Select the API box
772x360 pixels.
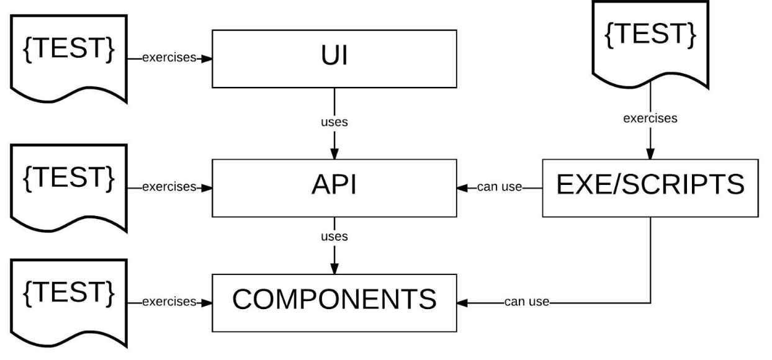(334, 187)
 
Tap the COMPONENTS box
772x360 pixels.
(334, 302)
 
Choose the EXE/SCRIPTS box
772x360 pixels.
(650, 187)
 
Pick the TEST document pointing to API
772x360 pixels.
(69, 184)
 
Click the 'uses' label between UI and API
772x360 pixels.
(334, 122)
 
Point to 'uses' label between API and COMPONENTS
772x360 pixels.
(334, 236)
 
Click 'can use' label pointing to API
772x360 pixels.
(500, 187)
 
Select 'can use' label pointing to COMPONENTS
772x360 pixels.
(527, 303)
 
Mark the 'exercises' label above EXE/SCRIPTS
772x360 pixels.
(650, 119)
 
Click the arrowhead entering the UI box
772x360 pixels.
(207, 58)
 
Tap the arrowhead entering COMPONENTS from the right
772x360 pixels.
(462, 303)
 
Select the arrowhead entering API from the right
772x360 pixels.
(462, 187)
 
